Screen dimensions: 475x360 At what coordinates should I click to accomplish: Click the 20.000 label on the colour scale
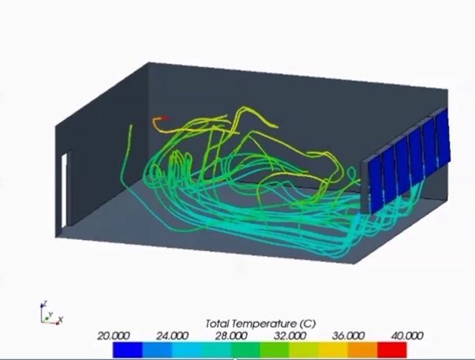[x=114, y=336]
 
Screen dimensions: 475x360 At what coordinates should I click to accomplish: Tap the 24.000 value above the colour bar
[x=172, y=336]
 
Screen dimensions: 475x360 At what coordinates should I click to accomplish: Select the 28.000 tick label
[x=231, y=336]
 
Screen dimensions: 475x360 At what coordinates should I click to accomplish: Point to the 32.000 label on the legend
[x=290, y=336]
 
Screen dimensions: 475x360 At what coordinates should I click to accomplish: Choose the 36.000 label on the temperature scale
[x=349, y=336]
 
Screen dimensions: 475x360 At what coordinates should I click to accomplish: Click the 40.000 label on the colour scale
[x=407, y=336]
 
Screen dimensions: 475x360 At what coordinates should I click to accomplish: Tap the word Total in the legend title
[x=217, y=324]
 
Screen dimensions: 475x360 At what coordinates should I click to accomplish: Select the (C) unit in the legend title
[x=308, y=324]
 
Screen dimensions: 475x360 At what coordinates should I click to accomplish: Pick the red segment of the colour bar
[x=392, y=350]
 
